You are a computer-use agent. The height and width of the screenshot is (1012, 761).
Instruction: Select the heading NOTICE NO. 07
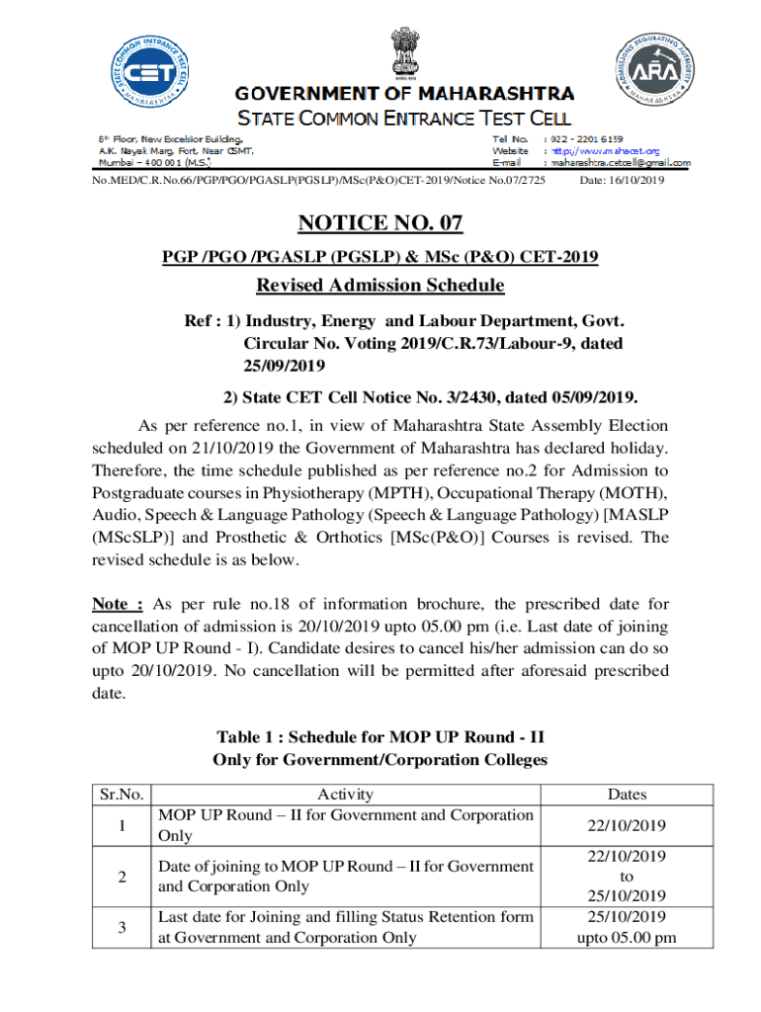pos(380,223)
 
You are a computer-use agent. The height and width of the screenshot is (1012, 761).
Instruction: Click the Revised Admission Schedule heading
pos(380,286)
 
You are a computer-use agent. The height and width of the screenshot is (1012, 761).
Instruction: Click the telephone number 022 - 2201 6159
pos(587,139)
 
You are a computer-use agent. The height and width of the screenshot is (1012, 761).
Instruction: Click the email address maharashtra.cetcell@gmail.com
pos(621,163)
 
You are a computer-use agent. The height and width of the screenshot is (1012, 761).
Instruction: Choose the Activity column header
pos(345,795)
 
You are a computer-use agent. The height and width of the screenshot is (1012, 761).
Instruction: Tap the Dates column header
pos(627,795)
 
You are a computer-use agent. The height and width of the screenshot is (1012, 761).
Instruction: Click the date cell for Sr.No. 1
pos(627,825)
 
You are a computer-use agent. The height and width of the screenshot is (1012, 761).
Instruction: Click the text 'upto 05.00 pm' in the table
pos(627,937)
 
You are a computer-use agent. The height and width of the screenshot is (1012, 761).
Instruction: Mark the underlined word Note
pos(118,604)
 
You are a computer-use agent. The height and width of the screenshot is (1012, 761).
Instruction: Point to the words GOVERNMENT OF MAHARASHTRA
pos(403,94)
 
